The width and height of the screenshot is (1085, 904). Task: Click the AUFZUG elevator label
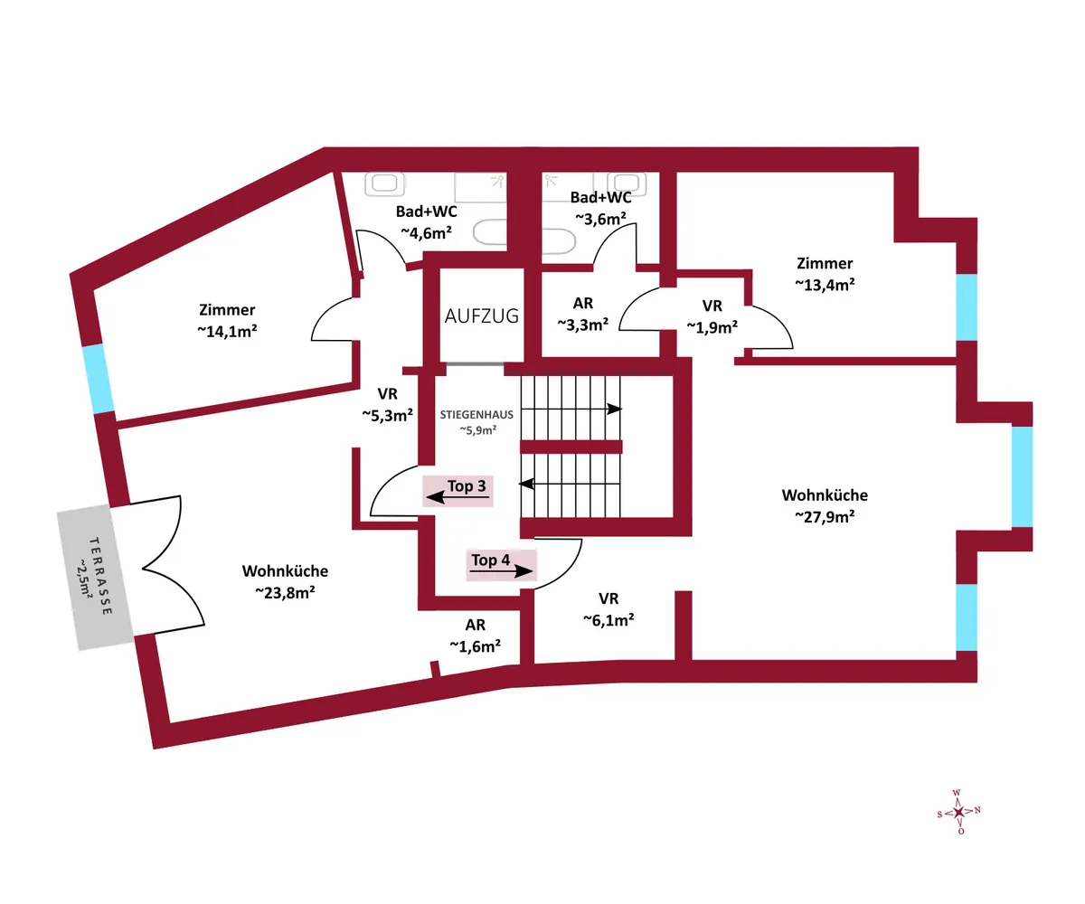[481, 315]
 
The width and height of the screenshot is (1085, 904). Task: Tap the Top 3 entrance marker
[458, 491]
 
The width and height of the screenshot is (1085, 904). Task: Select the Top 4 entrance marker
[501, 565]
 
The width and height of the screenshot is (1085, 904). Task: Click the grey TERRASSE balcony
[95, 577]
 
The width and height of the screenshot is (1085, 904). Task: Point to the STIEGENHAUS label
[476, 415]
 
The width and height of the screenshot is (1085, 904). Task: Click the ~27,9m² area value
[825, 516]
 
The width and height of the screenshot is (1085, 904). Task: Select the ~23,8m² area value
[286, 592]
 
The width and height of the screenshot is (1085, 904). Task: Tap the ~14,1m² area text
[227, 331]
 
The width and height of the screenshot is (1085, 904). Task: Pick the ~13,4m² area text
[825, 285]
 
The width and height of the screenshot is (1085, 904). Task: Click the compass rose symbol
[958, 812]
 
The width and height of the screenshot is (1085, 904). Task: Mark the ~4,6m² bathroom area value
[426, 232]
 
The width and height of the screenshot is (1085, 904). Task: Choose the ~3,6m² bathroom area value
[600, 219]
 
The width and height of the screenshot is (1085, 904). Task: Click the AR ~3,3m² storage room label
[583, 314]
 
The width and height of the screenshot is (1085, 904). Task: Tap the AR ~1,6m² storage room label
[475, 636]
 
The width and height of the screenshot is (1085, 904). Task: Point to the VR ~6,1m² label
[609, 609]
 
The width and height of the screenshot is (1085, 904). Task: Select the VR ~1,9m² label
[712, 315]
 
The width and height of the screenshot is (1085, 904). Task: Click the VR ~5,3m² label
[387, 404]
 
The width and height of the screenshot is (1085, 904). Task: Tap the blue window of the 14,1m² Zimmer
[98, 379]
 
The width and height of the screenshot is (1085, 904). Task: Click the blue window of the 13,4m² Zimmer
[967, 307]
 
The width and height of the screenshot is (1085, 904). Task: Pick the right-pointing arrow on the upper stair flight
[571, 409]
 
